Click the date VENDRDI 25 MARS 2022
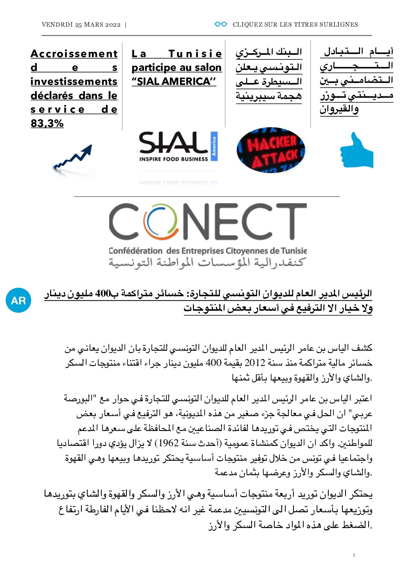[x=81, y=24]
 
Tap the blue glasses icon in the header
[x=221, y=24]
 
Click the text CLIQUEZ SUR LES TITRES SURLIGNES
[x=295, y=24]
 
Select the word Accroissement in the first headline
[x=74, y=54]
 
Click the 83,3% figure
[x=47, y=123]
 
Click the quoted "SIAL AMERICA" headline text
[x=174, y=81]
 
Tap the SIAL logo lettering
[x=173, y=143]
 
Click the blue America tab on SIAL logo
[x=214, y=146]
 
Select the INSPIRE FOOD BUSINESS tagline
[x=173, y=159]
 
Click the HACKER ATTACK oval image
[x=271, y=150]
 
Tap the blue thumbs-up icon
[x=356, y=151]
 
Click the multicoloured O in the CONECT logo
[x=158, y=221]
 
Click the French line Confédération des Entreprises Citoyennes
[x=207, y=251]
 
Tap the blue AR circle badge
[x=18, y=300]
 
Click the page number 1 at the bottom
[x=354, y=555]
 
